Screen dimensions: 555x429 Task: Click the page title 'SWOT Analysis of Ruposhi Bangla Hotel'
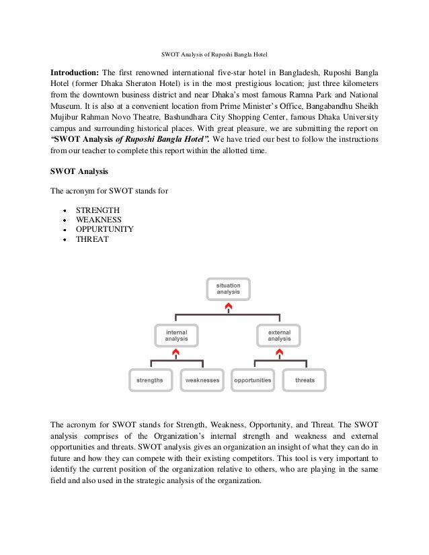pos(214,54)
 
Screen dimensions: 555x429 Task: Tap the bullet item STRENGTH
pos(98,210)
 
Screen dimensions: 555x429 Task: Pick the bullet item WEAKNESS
pos(99,220)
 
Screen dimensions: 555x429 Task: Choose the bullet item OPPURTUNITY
pos(104,229)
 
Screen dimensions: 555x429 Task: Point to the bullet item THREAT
pos(91,239)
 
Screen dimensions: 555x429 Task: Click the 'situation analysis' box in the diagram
pos(228,289)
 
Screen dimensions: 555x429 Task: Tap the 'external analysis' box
pos(280,335)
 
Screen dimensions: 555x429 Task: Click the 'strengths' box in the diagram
pos(150,380)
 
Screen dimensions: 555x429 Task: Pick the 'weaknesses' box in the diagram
pos(202,380)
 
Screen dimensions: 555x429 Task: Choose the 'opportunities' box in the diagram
pos(253,380)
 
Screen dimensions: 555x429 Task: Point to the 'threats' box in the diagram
pos(305,380)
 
